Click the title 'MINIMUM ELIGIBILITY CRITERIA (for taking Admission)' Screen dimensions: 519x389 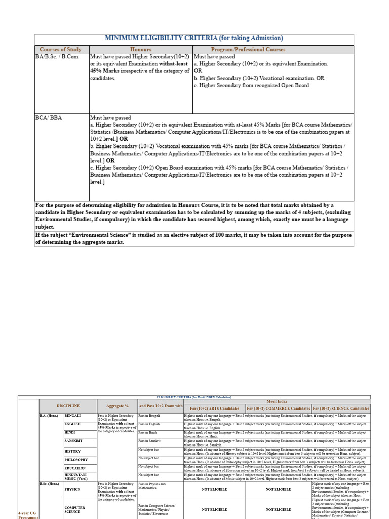coord(194,38)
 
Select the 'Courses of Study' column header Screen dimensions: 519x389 coord(60,49)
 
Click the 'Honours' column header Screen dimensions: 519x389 coord(141,49)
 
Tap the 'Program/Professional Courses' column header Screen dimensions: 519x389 coord(273,49)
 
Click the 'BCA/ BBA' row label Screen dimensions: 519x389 coord(49,118)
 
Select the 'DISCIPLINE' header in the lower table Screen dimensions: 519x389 coord(67,406)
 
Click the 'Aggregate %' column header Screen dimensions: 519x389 coord(117,406)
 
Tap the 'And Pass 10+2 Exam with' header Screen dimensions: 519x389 coord(160,406)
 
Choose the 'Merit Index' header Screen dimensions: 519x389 coord(277,401)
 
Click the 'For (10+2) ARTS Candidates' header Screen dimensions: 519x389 coord(214,409)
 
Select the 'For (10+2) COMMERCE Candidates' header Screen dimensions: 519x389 coord(278,409)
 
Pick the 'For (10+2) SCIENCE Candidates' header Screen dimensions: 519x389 coord(341,409)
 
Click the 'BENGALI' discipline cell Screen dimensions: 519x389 coord(72,416)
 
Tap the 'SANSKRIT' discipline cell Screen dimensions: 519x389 coord(73,441)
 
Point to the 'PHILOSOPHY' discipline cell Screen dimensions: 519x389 coord(76,460)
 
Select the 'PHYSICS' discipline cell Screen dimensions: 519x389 coord(72,490)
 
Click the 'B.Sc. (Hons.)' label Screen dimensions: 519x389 coord(50,484)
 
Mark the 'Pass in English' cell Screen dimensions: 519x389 coord(149,424)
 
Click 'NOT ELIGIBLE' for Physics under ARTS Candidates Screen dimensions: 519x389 coord(214,490)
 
